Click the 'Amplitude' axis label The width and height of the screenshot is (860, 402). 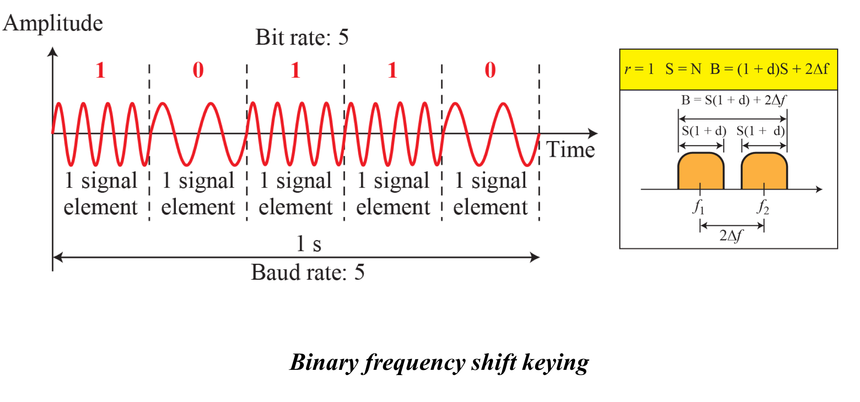53,23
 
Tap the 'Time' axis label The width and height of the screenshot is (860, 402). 570,150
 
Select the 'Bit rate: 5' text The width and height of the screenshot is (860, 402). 302,37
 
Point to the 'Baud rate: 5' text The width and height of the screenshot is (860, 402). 307,272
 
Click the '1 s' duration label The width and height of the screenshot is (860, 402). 309,244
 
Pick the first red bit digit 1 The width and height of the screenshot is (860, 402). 101,70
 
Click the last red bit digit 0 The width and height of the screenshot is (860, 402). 490,70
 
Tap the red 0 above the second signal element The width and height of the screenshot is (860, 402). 198,70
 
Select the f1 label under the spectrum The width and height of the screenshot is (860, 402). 699,207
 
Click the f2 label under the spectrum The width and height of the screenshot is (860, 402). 763,207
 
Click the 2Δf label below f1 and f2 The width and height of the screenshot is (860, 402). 731,236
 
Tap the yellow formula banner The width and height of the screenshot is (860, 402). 728,70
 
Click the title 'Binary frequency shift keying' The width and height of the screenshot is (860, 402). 439,362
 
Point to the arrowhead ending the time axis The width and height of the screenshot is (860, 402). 593,133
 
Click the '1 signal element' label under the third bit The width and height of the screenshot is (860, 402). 296,194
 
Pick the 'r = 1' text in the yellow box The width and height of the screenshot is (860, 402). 639,69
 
